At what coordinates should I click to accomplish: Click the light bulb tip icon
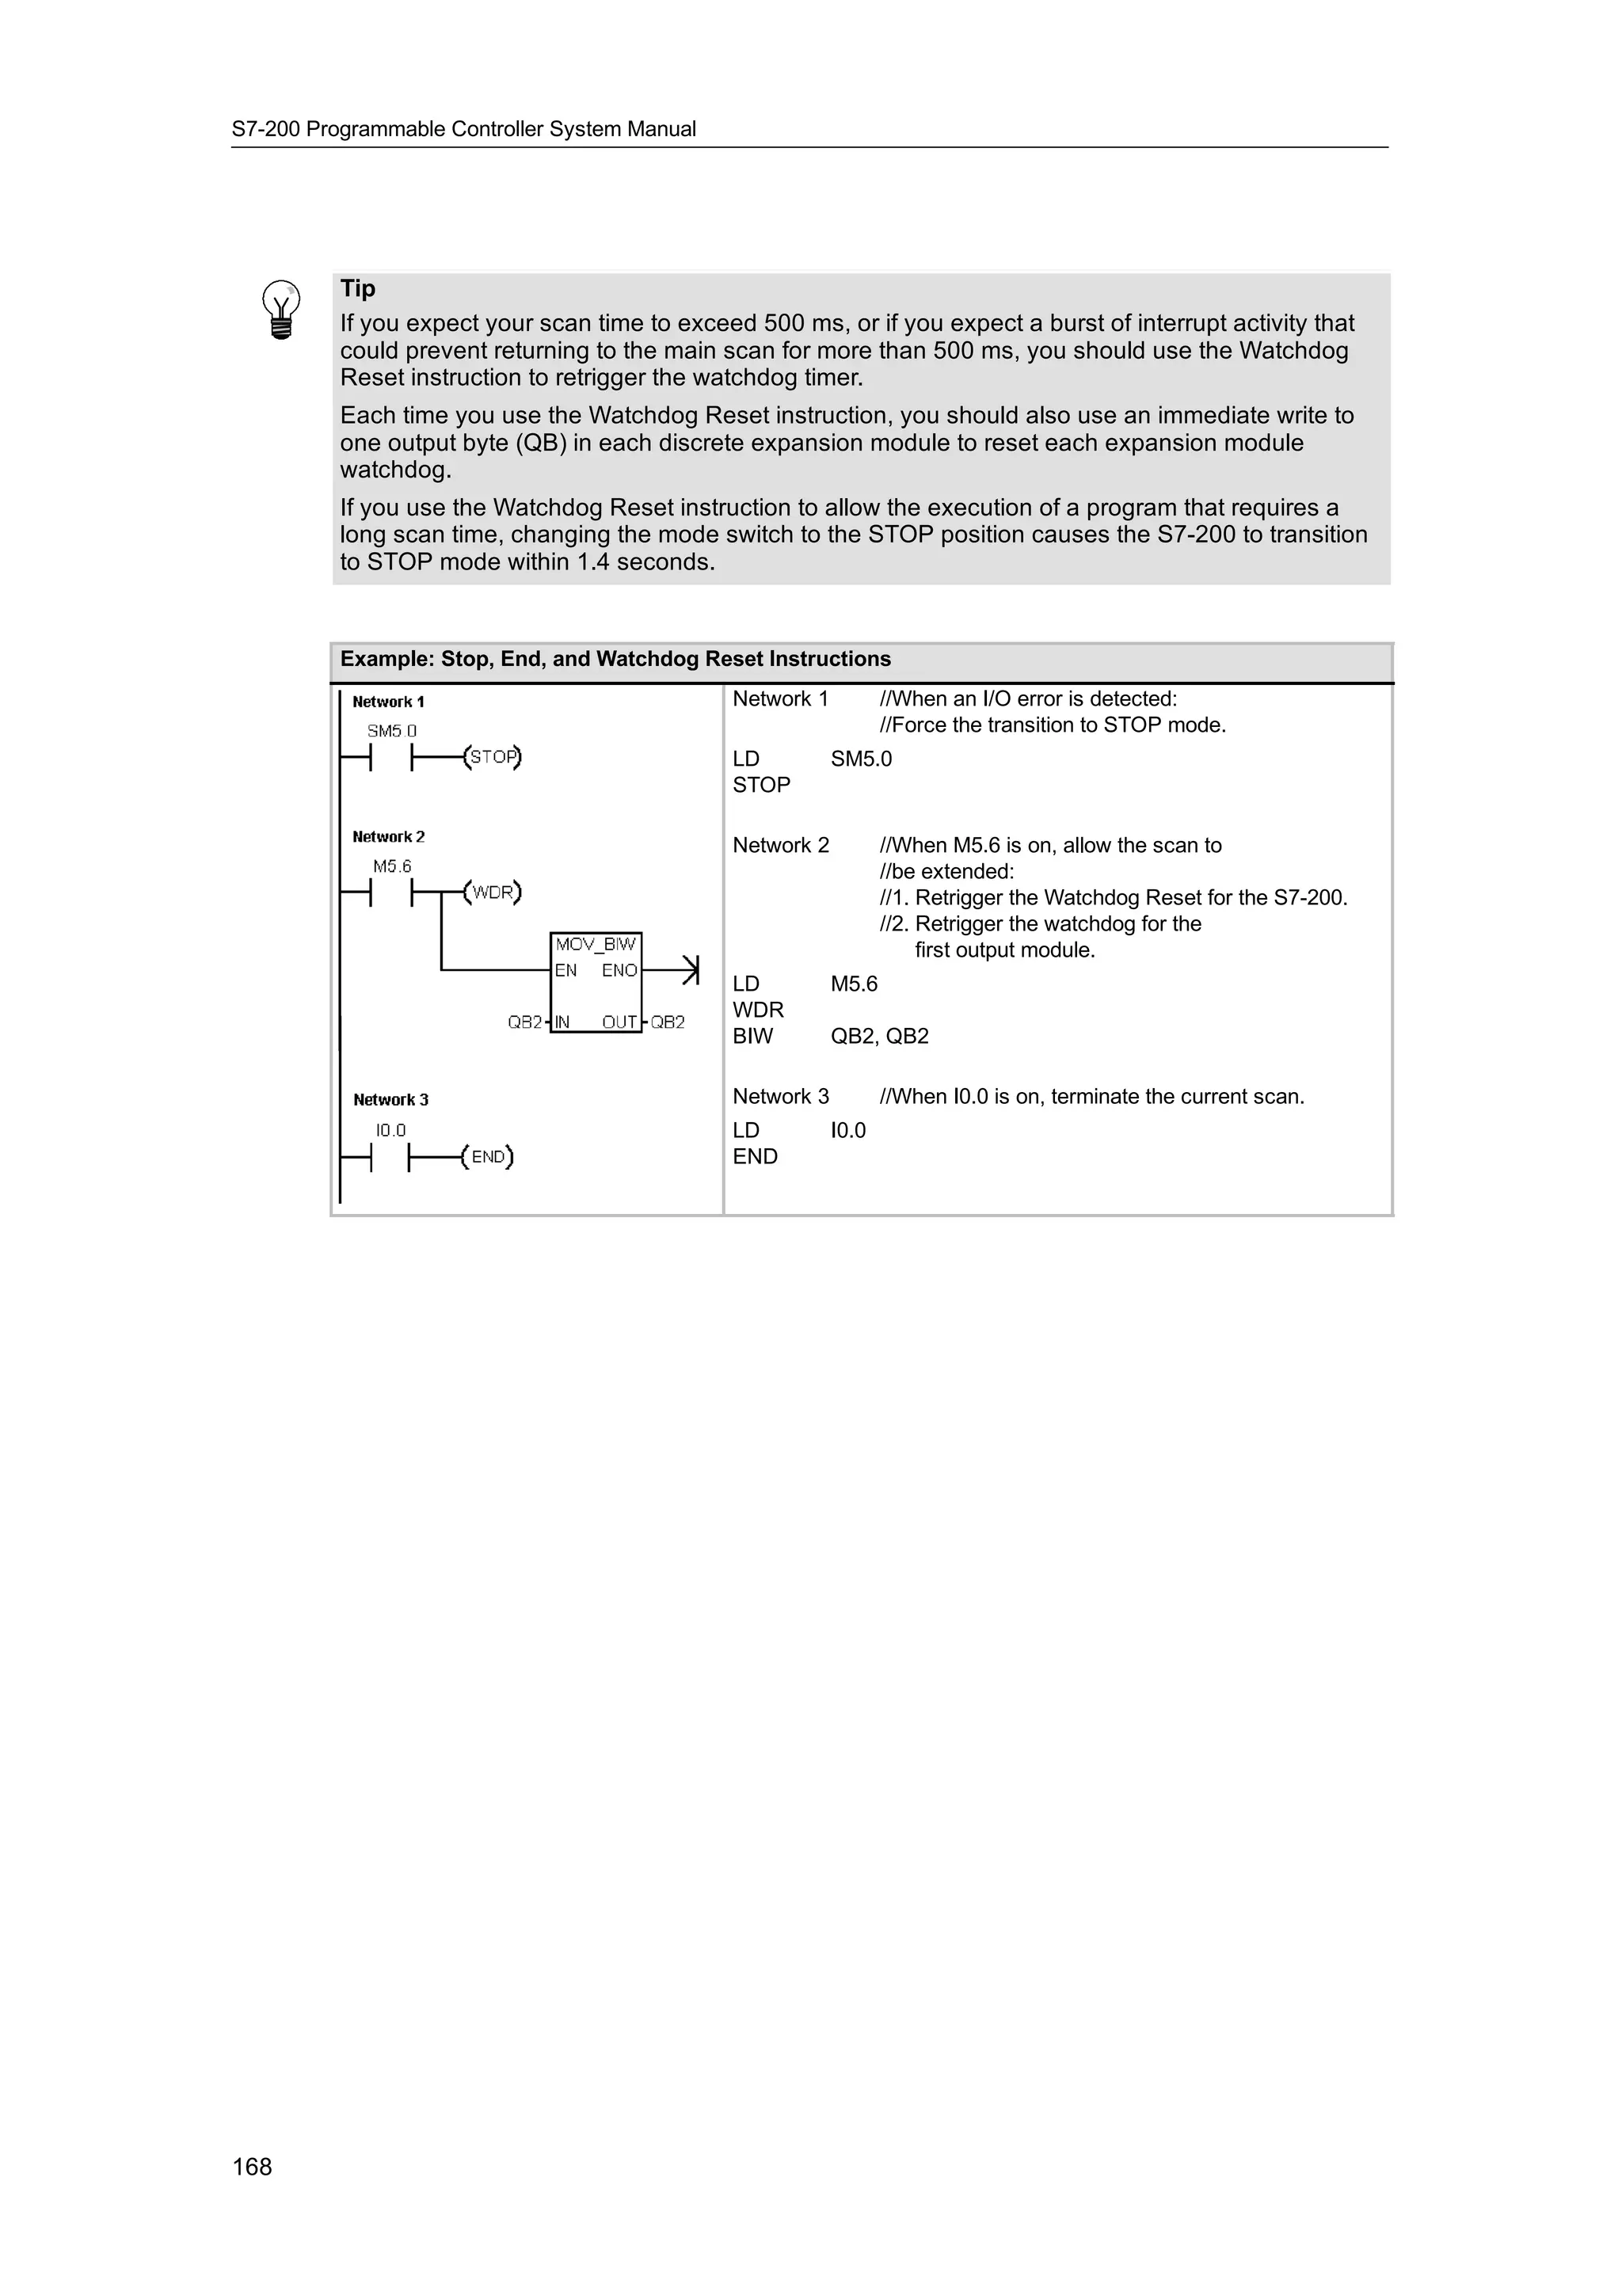[281, 310]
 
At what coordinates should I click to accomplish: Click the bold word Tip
[358, 289]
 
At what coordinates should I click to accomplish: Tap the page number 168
[252, 2166]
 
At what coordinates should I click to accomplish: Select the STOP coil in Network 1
[493, 758]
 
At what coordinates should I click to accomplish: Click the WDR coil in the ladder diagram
[493, 892]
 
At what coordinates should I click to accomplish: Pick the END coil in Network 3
[488, 1158]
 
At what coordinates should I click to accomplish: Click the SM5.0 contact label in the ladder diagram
[392, 731]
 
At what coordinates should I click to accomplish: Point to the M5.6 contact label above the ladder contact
[392, 866]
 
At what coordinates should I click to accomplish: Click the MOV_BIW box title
[596, 945]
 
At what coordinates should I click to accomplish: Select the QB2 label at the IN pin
[524, 1022]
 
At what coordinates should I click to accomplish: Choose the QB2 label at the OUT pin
[668, 1022]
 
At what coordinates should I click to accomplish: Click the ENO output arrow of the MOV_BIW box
[687, 969]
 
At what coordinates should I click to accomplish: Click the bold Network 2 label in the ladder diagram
[389, 836]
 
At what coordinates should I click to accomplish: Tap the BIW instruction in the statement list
[752, 1036]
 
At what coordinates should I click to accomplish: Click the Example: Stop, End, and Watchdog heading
[615, 659]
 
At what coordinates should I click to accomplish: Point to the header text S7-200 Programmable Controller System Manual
[464, 129]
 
